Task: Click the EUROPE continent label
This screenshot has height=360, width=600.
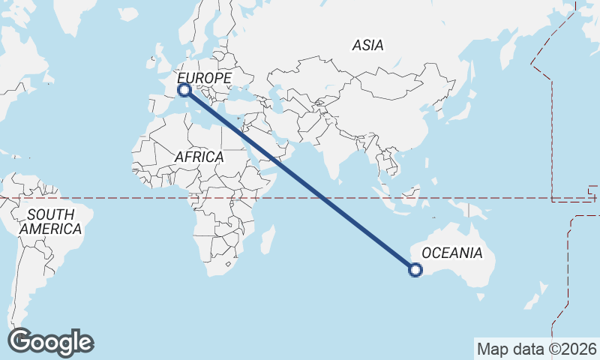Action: pyautogui.click(x=204, y=78)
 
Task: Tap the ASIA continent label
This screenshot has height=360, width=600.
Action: pyautogui.click(x=367, y=46)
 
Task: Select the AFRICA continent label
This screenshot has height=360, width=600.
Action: pyautogui.click(x=199, y=157)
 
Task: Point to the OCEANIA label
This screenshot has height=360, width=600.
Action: pyautogui.click(x=452, y=253)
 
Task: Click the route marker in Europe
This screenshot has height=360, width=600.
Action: pyautogui.click(x=184, y=91)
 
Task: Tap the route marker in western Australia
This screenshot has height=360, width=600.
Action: pyautogui.click(x=415, y=271)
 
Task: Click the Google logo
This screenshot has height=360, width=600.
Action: pyautogui.click(x=50, y=342)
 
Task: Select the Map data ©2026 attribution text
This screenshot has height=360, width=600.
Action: pyautogui.click(x=537, y=349)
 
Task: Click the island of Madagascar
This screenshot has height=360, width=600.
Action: pyautogui.click(x=265, y=241)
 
